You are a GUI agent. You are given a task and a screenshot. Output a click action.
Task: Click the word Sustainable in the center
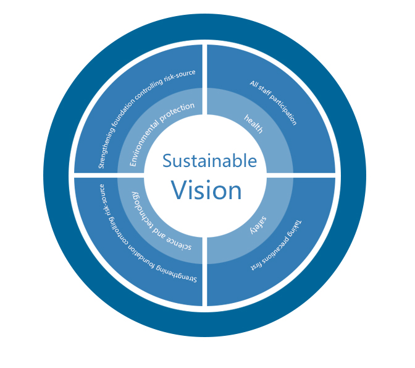tap(209, 161)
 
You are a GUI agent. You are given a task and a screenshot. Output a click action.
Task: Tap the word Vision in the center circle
tap(206, 190)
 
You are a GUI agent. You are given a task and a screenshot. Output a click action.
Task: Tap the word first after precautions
tap(254, 268)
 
